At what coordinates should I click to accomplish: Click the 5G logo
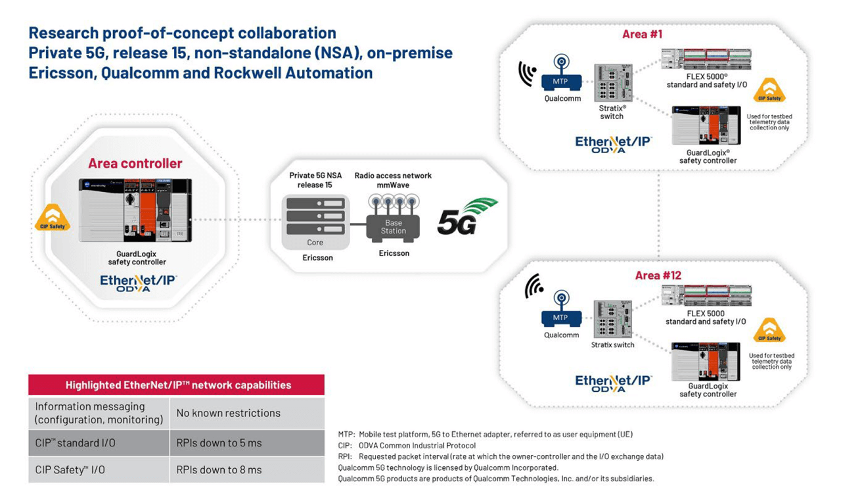[x=466, y=217]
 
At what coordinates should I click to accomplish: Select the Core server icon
[x=315, y=214]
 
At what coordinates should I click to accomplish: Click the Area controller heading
[x=135, y=163]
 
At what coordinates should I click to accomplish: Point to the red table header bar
[x=176, y=385]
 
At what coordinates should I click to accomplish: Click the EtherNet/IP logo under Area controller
[x=138, y=283]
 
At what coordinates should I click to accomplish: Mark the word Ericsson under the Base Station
[x=394, y=253]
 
